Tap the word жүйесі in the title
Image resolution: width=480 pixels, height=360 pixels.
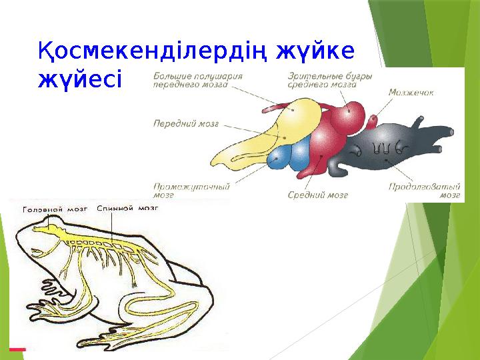[x=80, y=79]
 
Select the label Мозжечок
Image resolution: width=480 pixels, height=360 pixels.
[x=411, y=93]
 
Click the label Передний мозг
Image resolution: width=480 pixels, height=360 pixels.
[x=186, y=124]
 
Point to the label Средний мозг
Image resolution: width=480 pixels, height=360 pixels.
[x=318, y=195]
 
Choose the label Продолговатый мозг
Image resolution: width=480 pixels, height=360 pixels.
[x=424, y=191]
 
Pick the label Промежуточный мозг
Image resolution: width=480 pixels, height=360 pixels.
[x=191, y=191]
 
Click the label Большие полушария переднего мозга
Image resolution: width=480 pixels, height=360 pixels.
[x=198, y=80]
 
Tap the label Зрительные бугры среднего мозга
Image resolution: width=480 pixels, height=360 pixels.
[x=330, y=80]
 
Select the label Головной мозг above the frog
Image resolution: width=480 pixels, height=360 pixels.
[x=55, y=209]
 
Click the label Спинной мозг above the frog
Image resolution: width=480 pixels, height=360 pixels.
[x=127, y=209]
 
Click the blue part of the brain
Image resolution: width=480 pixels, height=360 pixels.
[x=289, y=154]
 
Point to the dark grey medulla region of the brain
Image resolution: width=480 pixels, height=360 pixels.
[x=389, y=147]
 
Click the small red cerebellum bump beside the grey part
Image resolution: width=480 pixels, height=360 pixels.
[x=371, y=122]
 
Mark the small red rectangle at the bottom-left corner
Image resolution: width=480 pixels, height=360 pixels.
[x=17, y=349]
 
